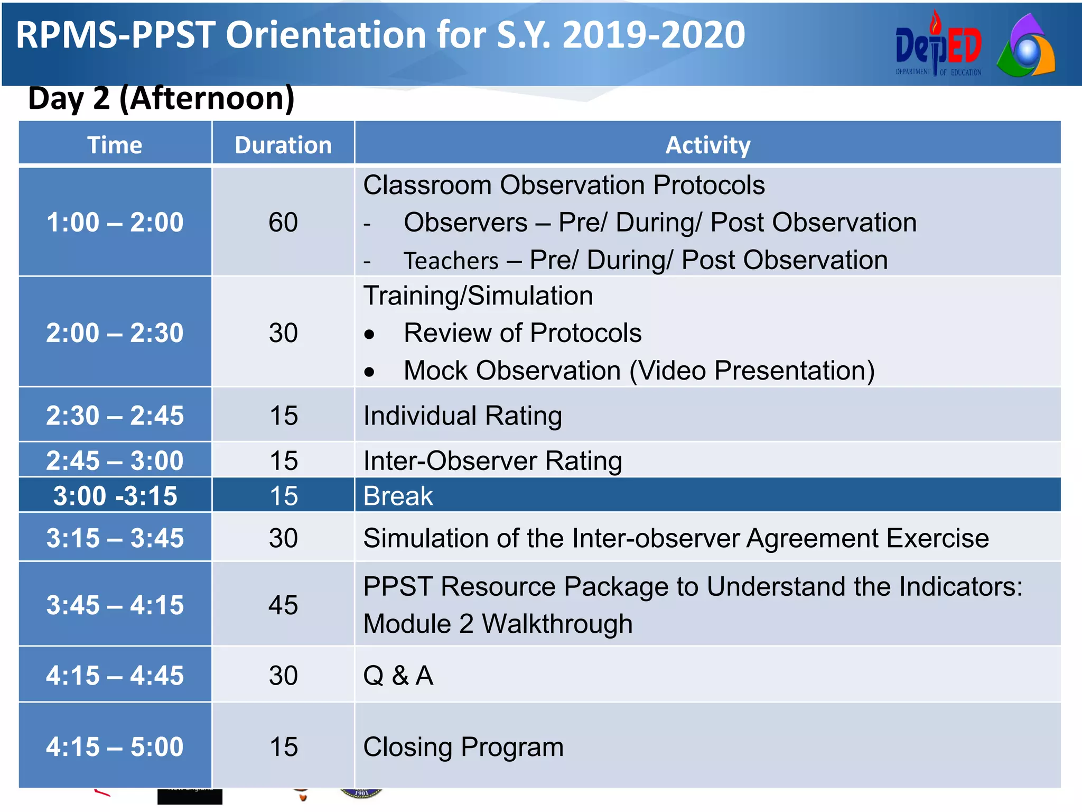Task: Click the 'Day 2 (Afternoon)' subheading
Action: pyautogui.click(x=161, y=98)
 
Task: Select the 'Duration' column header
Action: pyautogui.click(x=283, y=145)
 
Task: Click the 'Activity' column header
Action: pyautogui.click(x=707, y=145)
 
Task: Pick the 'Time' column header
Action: pyautogui.click(x=115, y=145)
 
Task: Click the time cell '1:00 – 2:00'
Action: pyautogui.click(x=115, y=222)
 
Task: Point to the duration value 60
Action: pyautogui.click(x=283, y=222)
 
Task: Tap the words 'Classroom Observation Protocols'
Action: pyautogui.click(x=564, y=185)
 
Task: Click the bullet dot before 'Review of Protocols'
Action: pyautogui.click(x=369, y=335)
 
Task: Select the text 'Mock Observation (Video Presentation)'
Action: pyautogui.click(x=639, y=371)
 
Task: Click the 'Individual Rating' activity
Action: pyautogui.click(x=462, y=416)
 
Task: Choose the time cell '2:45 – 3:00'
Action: pyautogui.click(x=115, y=460)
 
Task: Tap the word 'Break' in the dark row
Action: pyautogui.click(x=398, y=496)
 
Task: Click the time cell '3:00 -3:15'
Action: pyautogui.click(x=115, y=496)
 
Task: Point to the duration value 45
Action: pyautogui.click(x=283, y=605)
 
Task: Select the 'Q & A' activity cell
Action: pyautogui.click(x=398, y=676)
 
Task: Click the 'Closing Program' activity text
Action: pyautogui.click(x=463, y=747)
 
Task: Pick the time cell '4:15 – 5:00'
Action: pyautogui.click(x=115, y=747)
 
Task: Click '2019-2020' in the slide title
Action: pyautogui.click(x=654, y=35)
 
